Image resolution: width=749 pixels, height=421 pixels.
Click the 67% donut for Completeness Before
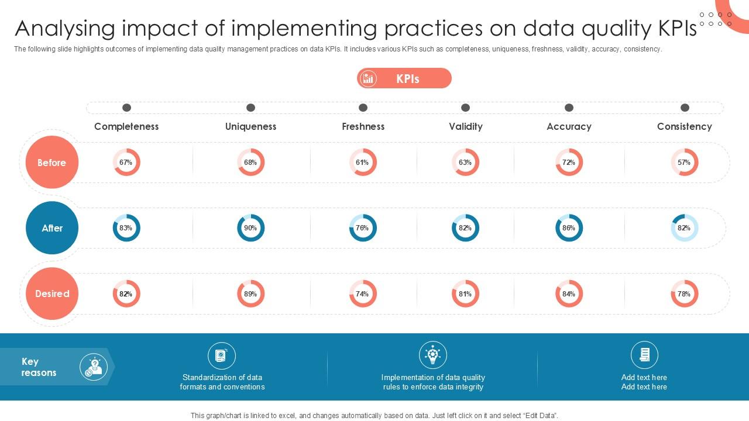click(x=126, y=163)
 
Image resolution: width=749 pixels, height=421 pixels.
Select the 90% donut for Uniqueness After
click(x=250, y=228)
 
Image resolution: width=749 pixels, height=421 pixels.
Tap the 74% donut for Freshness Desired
click(x=363, y=294)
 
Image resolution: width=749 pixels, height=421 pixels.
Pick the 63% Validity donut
click(x=465, y=163)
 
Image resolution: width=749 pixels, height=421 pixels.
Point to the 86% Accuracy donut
click(x=569, y=228)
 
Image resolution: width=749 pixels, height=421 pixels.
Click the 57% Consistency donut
click(x=684, y=163)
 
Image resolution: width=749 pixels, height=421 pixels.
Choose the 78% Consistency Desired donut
click(x=684, y=294)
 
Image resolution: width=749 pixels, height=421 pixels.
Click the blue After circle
click(x=52, y=228)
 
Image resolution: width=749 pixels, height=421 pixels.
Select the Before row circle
click(x=52, y=163)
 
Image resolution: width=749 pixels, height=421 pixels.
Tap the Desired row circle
click(x=52, y=294)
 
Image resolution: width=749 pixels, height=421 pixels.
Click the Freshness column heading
click(x=363, y=126)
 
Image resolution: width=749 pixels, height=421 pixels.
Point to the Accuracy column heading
click(x=569, y=126)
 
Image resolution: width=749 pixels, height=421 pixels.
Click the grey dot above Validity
click(x=465, y=108)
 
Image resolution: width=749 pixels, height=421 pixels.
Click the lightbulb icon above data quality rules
click(x=433, y=355)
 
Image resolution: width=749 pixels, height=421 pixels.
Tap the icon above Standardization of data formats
click(x=222, y=356)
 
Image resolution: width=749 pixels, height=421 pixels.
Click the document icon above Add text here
click(x=644, y=355)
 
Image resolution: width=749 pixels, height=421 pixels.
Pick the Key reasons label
click(x=39, y=367)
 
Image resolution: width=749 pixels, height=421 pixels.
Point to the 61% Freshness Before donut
click(x=363, y=163)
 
